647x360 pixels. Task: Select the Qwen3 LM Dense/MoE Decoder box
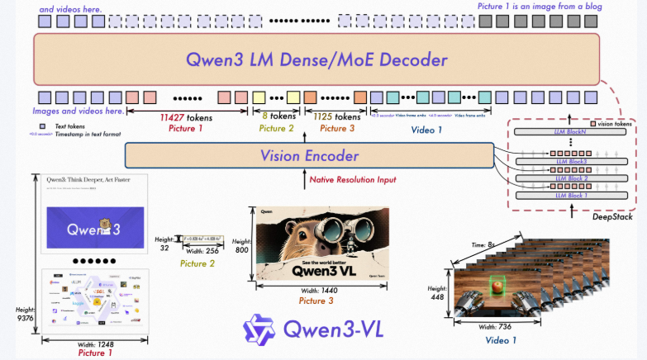click(x=316, y=59)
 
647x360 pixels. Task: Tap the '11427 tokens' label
click(x=186, y=117)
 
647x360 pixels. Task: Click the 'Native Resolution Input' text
click(x=353, y=179)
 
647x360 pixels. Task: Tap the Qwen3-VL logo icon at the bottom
click(x=258, y=330)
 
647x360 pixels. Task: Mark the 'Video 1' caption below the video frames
click(x=500, y=339)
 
